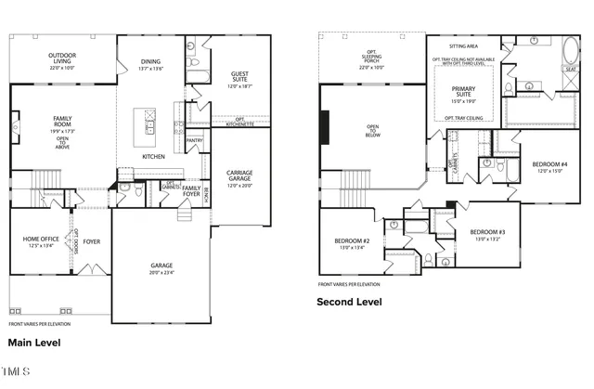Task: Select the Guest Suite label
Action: click(240, 79)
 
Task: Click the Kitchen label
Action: click(153, 156)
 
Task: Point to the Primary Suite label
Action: click(463, 92)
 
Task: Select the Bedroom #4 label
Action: click(549, 167)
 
